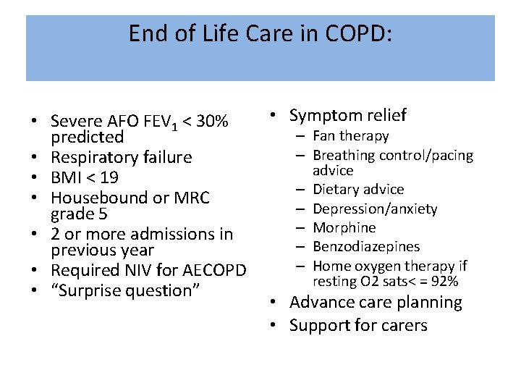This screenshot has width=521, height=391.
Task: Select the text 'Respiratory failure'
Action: (122, 157)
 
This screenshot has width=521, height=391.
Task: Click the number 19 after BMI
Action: (109, 177)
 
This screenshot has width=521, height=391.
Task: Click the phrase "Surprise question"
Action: (128, 290)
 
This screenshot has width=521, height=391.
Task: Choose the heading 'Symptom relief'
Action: (347, 115)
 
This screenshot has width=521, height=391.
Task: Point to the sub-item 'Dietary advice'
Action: (358, 190)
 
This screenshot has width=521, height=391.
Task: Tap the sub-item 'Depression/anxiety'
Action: (375, 209)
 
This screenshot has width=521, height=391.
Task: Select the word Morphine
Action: (344, 228)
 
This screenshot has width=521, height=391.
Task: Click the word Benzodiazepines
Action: (365, 247)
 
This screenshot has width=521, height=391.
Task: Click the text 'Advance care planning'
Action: (376, 302)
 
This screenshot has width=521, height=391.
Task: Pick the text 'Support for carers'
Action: (358, 325)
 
